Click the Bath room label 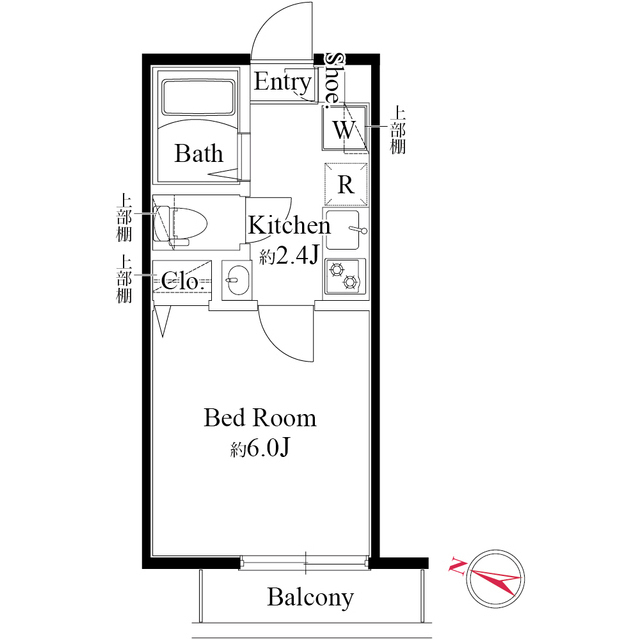tap(199, 153)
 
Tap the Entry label tap(282, 82)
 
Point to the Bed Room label tap(260, 417)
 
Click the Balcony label tap(310, 598)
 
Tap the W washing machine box tap(343, 129)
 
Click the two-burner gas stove tap(345, 275)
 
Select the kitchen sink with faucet tap(345, 232)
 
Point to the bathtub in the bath tap(198, 99)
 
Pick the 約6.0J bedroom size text tap(259, 447)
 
